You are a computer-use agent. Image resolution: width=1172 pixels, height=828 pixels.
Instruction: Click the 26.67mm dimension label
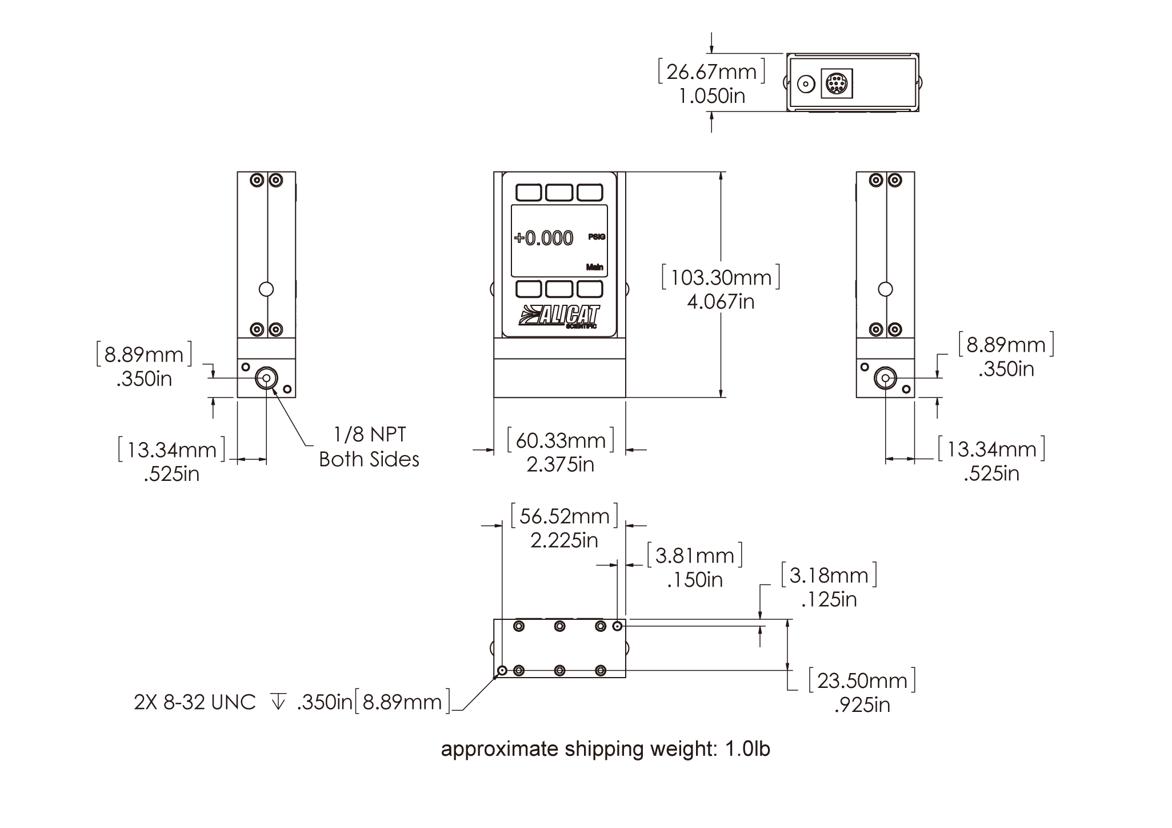[x=711, y=72]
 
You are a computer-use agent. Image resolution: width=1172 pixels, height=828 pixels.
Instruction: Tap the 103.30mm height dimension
[x=720, y=278]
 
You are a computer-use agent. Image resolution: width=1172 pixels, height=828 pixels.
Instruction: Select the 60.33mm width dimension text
[x=561, y=441]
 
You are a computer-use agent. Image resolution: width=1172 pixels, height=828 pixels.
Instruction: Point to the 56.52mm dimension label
[x=564, y=517]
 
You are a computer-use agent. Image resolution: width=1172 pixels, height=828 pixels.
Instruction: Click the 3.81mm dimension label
[x=695, y=556]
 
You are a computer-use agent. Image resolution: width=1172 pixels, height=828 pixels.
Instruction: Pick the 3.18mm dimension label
[x=829, y=575]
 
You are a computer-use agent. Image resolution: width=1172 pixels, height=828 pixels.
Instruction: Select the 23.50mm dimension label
[x=862, y=681]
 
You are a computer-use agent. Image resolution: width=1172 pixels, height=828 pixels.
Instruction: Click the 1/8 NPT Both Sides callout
[x=369, y=447]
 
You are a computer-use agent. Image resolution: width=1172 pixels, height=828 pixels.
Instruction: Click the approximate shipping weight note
[x=606, y=750]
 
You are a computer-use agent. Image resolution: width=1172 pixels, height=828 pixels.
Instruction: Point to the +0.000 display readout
[x=543, y=238]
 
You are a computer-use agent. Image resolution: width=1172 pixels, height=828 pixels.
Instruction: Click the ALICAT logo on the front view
[x=559, y=316]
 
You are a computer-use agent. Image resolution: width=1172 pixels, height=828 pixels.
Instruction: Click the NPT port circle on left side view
[x=266, y=379]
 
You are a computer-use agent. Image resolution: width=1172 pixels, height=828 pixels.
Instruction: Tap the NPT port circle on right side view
[x=885, y=379]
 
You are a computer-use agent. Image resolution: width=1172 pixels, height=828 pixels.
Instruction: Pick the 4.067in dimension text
[x=720, y=302]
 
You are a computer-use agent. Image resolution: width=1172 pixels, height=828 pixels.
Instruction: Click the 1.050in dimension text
[x=712, y=95]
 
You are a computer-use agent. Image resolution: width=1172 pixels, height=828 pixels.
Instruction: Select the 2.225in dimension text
[x=564, y=540]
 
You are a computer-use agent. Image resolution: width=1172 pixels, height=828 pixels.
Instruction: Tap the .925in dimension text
[x=862, y=704]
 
